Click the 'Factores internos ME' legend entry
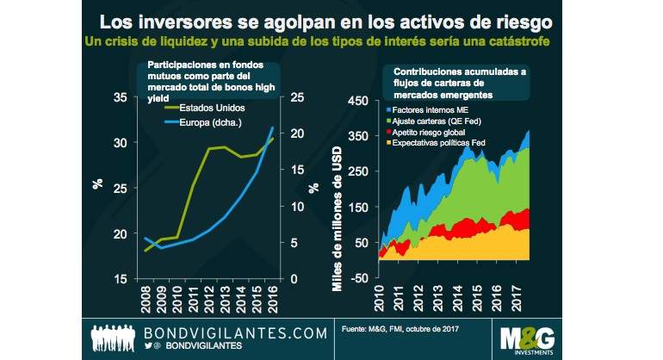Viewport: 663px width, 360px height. [x=431, y=110]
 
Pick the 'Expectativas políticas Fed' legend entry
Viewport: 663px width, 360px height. [x=442, y=145]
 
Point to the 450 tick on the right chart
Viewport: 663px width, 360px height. [x=356, y=100]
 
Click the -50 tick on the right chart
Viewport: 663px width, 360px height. [x=359, y=276]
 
